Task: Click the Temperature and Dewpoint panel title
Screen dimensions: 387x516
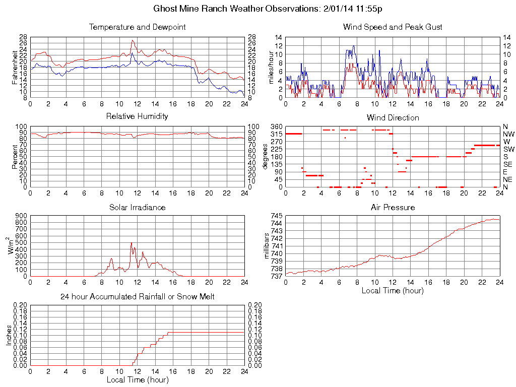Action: (x=137, y=27)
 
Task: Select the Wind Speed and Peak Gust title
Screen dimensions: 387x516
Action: (x=393, y=27)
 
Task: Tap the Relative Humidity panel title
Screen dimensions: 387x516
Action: (x=137, y=116)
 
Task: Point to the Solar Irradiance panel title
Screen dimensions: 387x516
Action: (x=137, y=207)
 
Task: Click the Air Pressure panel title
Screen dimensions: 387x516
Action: (x=393, y=207)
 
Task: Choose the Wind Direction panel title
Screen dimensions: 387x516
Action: (x=393, y=117)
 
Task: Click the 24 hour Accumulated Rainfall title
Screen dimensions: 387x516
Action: (x=137, y=297)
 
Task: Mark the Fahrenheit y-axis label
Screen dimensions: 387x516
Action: (x=15, y=68)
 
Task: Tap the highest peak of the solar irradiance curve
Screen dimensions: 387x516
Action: (x=132, y=243)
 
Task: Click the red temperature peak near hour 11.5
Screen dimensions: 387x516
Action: (x=133, y=40)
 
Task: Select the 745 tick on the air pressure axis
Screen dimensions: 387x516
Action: (x=276, y=216)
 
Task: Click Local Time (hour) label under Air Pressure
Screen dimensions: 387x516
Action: (x=393, y=291)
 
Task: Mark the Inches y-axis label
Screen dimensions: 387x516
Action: (x=9, y=335)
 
